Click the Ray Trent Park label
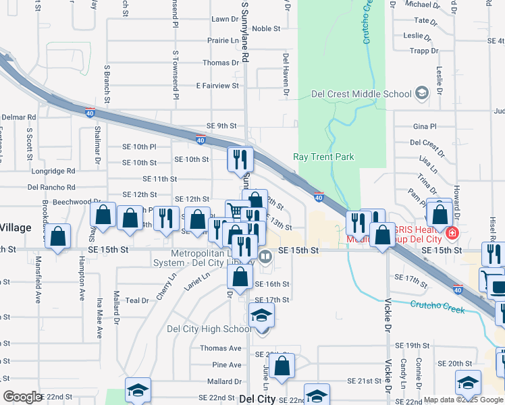[x=323, y=157]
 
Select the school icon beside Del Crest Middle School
[x=423, y=93]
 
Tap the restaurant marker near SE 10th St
[x=240, y=159]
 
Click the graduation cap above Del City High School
[x=261, y=315]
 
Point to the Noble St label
[x=266, y=29]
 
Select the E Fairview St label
[x=217, y=86]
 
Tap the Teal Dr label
[x=136, y=300]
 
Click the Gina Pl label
[x=425, y=127]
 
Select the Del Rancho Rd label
[x=51, y=187]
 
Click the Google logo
[x=23, y=397]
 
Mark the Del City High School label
[x=209, y=329]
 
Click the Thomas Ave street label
[x=220, y=348]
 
